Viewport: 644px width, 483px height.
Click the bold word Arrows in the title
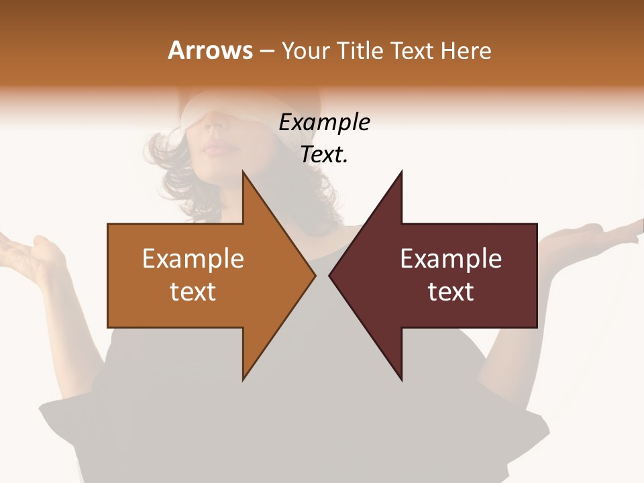211,51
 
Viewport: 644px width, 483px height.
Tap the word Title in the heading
361,51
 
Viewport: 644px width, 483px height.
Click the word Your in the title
305,51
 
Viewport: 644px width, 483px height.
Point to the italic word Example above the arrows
324,123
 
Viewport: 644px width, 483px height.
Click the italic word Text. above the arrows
324,155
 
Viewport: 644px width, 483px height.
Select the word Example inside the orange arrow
193,259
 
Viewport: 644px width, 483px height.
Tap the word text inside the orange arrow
193,292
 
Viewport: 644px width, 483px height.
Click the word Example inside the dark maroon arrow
451,259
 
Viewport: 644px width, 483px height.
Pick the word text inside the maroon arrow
451,292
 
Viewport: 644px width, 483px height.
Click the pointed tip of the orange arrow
314,275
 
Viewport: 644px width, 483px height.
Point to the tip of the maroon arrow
331,275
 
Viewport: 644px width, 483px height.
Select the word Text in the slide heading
412,51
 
